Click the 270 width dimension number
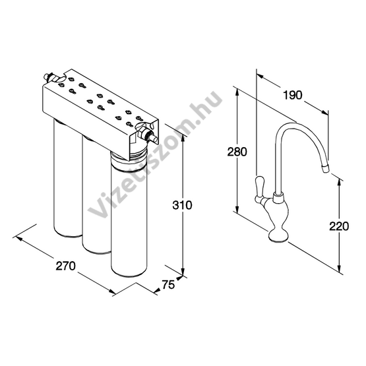point(65,266)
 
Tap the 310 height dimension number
point(182,205)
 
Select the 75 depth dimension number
point(168,284)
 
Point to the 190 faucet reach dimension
point(293,95)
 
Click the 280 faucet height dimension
point(237,152)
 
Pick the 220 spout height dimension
point(339,226)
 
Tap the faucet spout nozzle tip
point(325,168)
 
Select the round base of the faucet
point(278,235)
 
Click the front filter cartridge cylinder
point(129,215)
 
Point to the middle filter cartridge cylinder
point(96,196)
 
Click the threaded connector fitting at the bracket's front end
point(147,135)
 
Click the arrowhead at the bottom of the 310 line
point(183,272)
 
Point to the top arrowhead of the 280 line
point(237,92)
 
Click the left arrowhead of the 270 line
point(19,239)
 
